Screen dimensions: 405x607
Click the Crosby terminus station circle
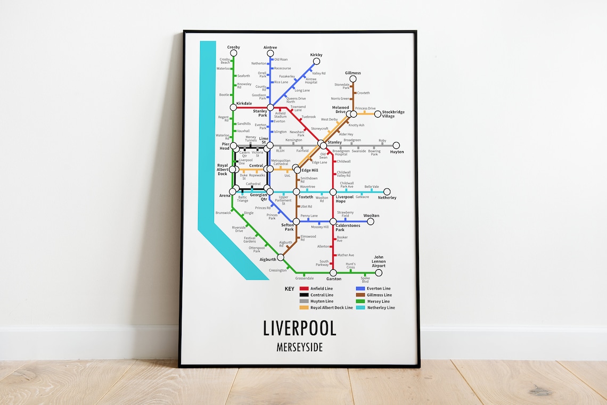coord(233,53)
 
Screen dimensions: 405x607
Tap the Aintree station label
coord(270,47)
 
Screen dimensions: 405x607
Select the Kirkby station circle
coord(316,61)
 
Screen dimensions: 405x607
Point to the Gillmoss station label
coord(352,73)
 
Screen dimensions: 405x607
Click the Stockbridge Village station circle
coord(378,114)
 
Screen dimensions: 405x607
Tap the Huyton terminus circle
coord(396,145)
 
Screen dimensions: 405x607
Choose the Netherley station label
coord(387,197)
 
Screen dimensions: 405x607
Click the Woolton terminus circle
coord(371,221)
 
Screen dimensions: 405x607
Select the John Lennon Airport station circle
coord(379,272)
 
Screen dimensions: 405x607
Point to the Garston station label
coord(333,279)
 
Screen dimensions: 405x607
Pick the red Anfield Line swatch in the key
coord(304,288)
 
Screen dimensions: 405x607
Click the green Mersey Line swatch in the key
coord(360,301)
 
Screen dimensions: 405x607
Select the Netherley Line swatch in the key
coord(360,308)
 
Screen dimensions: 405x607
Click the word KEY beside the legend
coord(290,289)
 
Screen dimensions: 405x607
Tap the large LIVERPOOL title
coord(300,328)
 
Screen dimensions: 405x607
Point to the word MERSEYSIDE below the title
coord(300,347)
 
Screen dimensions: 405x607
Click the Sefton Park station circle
coord(296,221)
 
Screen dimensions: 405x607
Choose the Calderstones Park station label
coord(348,227)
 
